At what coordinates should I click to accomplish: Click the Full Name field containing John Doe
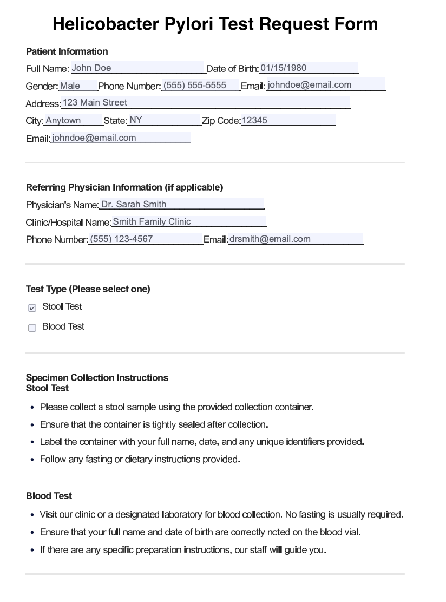click(x=137, y=68)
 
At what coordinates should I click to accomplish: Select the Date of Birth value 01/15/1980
click(x=309, y=68)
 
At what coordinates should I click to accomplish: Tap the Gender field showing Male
click(x=77, y=86)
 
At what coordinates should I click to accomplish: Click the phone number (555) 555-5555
click(x=200, y=86)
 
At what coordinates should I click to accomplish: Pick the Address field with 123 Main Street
click(x=206, y=103)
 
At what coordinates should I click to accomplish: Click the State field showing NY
click(x=164, y=121)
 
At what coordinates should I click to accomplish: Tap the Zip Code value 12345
click(x=288, y=121)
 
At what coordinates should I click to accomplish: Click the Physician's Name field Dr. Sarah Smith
click(x=181, y=205)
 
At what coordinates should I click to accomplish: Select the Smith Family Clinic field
click(x=189, y=222)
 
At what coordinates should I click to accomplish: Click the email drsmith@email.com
click(x=296, y=239)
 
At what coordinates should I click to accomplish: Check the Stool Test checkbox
click(x=32, y=307)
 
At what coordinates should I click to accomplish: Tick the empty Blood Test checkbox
click(x=32, y=328)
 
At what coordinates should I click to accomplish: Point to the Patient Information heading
click(x=67, y=51)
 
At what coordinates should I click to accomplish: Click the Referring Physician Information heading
click(x=124, y=187)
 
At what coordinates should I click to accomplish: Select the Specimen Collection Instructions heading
click(x=97, y=378)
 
